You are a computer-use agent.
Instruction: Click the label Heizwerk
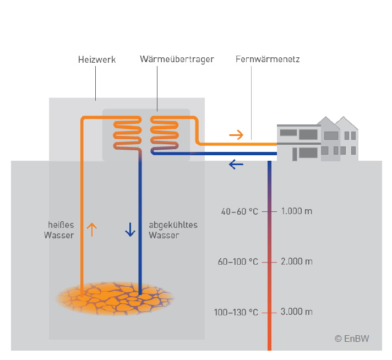96,59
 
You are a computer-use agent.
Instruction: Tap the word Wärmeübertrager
177,59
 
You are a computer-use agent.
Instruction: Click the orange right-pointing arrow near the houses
236,134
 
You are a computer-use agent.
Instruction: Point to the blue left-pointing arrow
236,163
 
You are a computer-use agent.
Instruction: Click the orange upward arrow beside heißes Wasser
92,229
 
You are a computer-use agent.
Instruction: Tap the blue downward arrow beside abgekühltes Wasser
130,229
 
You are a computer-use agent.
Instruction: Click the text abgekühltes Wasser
173,230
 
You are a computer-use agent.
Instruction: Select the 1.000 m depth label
296,211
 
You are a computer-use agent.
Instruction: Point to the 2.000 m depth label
296,261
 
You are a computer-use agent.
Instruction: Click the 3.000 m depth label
296,312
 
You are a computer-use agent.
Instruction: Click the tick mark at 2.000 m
270,262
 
